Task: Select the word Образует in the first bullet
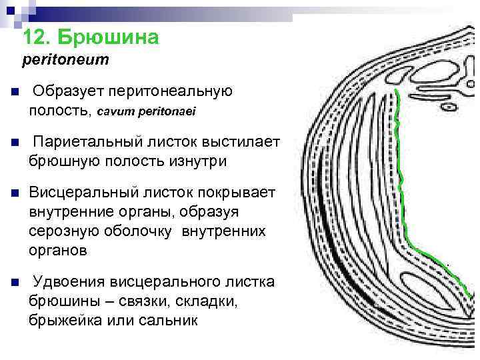tap(67, 91)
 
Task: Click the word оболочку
tap(138, 231)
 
